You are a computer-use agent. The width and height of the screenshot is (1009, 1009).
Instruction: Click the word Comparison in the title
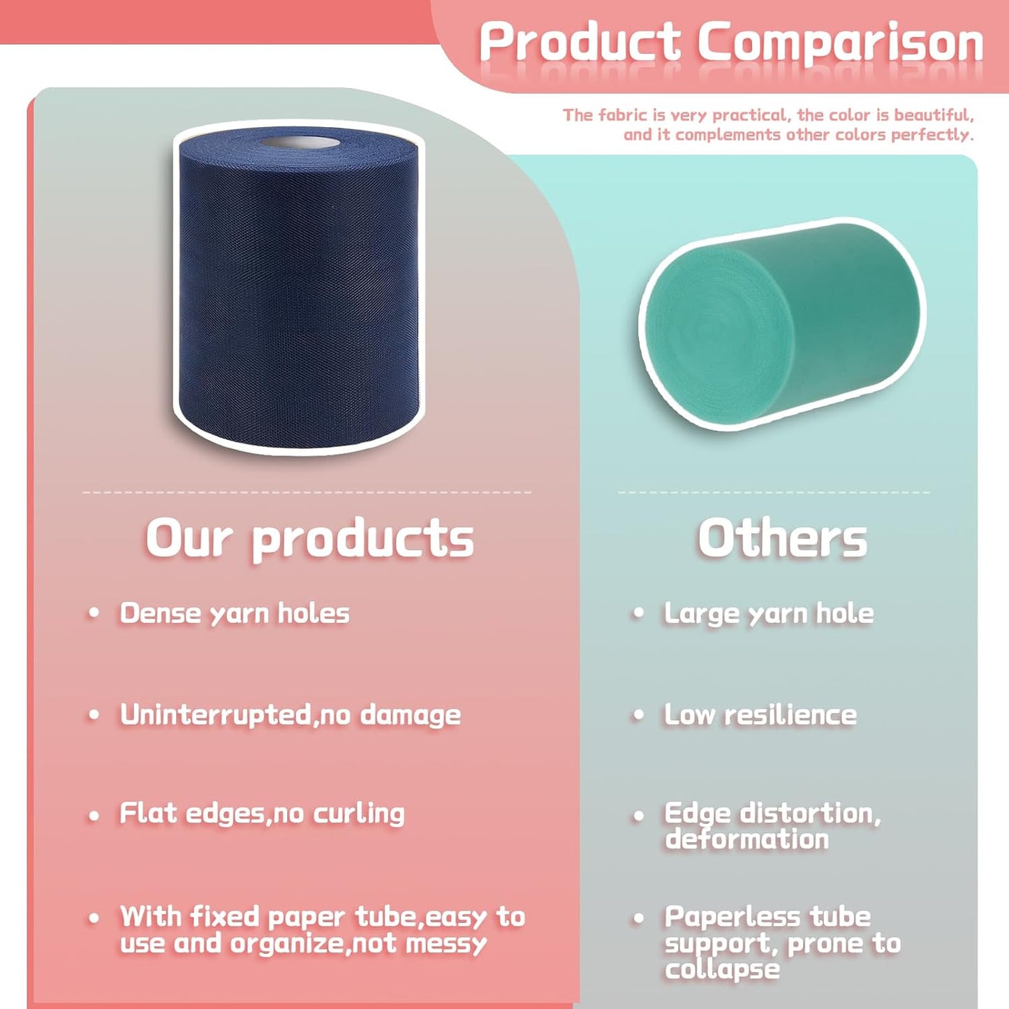point(841,43)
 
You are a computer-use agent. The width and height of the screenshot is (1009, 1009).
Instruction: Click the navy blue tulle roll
point(299,293)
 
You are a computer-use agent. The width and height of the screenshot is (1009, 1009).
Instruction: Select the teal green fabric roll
point(782,324)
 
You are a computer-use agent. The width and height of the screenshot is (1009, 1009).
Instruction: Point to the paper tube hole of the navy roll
point(301,143)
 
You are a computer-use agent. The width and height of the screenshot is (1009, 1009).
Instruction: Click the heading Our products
point(309,539)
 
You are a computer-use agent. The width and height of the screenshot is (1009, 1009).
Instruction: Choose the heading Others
point(782,539)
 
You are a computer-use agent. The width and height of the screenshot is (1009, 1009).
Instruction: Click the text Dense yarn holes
point(235,613)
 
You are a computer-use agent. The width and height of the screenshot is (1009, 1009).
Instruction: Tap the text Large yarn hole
point(769,613)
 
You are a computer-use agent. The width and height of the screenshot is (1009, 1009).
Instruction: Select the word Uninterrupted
point(216,715)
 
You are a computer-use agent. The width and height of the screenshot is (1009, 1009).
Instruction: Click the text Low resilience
point(760,715)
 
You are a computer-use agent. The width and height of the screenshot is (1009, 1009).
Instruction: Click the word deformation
point(746,839)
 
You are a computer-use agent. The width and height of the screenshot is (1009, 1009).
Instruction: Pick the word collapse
point(722,970)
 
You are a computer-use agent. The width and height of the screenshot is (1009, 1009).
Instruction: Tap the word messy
point(446,944)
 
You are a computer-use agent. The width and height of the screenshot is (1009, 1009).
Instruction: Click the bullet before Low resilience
point(638,716)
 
